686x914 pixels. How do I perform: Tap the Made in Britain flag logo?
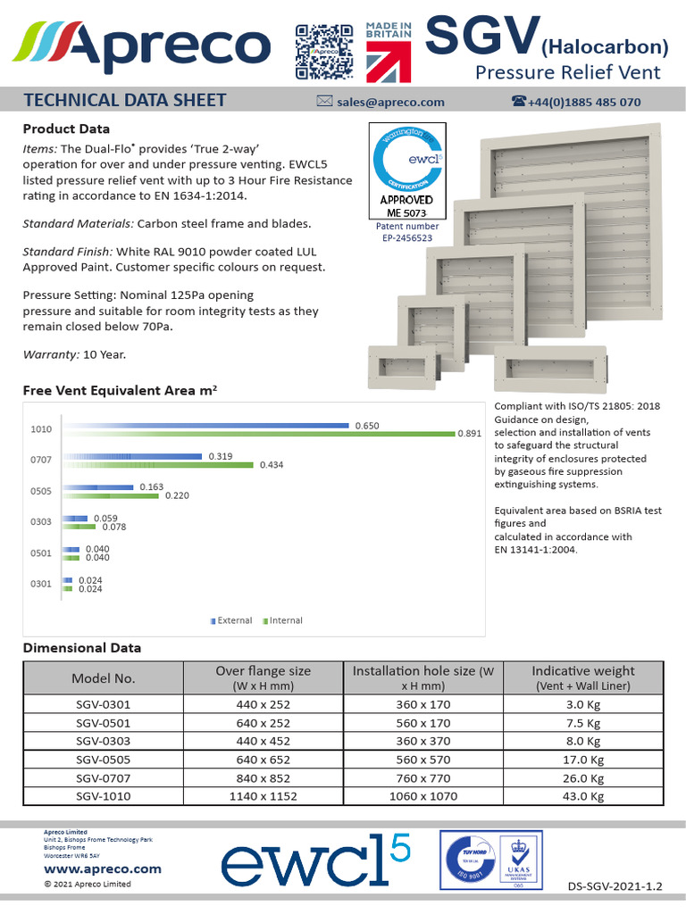click(389, 51)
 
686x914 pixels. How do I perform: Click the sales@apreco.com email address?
click(390, 102)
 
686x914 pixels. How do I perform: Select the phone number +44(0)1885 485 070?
click(584, 102)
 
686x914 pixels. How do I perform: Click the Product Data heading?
click(66, 129)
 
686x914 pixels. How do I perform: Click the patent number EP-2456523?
click(406, 237)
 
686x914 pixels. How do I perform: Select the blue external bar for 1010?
click(205, 426)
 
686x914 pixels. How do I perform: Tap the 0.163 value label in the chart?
click(152, 487)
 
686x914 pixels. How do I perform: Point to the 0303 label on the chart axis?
click(41, 521)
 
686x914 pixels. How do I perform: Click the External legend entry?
click(234, 620)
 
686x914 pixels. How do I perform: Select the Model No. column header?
click(103, 678)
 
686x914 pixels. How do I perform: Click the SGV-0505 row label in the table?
click(103, 759)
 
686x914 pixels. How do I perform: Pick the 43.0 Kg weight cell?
click(583, 795)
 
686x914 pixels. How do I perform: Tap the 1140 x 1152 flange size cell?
click(264, 795)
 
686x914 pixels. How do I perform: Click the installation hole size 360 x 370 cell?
click(423, 741)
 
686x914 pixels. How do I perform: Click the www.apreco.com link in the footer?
click(102, 868)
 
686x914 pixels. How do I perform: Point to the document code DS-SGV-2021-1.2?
click(615, 886)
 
